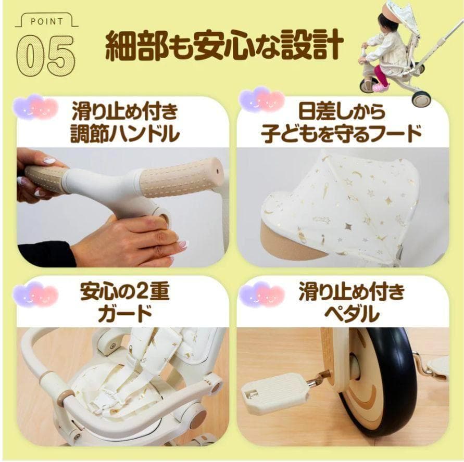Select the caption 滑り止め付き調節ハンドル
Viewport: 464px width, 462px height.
click(x=124, y=123)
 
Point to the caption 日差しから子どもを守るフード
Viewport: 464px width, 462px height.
click(x=342, y=123)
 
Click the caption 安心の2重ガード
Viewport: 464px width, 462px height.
click(x=124, y=302)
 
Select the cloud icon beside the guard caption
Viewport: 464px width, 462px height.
click(x=36, y=294)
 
